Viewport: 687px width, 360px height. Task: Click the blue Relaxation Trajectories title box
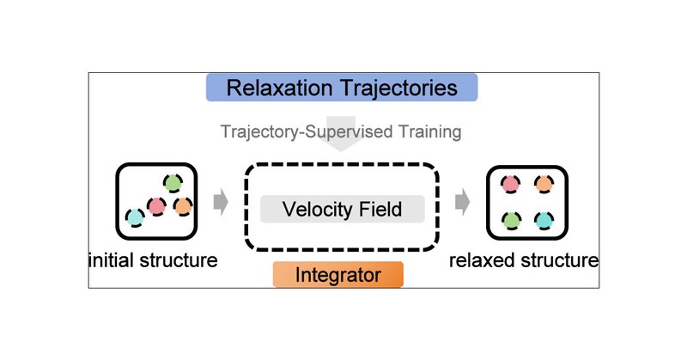[341, 88]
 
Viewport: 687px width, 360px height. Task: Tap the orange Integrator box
[337, 276]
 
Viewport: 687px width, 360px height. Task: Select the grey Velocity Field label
[343, 210]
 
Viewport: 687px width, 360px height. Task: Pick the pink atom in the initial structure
[155, 205]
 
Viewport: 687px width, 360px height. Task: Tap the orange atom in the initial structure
[181, 206]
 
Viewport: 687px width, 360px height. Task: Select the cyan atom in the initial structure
[134, 218]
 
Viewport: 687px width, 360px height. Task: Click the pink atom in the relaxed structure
[510, 183]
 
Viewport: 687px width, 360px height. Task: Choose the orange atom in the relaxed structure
[543, 183]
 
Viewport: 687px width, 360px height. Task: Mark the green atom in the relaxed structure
[510, 220]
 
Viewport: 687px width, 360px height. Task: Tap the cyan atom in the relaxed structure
[543, 220]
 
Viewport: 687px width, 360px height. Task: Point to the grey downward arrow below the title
[342, 143]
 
